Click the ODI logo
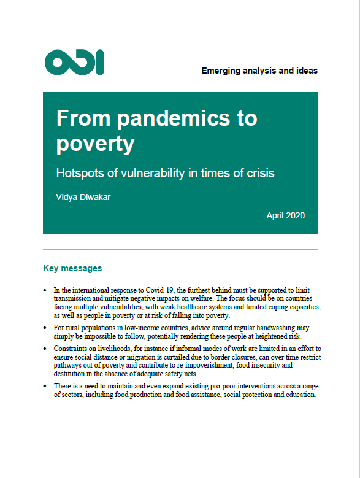[x=74, y=63]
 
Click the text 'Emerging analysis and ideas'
[x=259, y=71]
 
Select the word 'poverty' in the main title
[x=95, y=143]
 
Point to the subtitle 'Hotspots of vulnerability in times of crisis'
[x=165, y=173]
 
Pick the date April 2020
[x=285, y=215]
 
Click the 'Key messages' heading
[x=72, y=268]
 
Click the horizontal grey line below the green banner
[x=180, y=250]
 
